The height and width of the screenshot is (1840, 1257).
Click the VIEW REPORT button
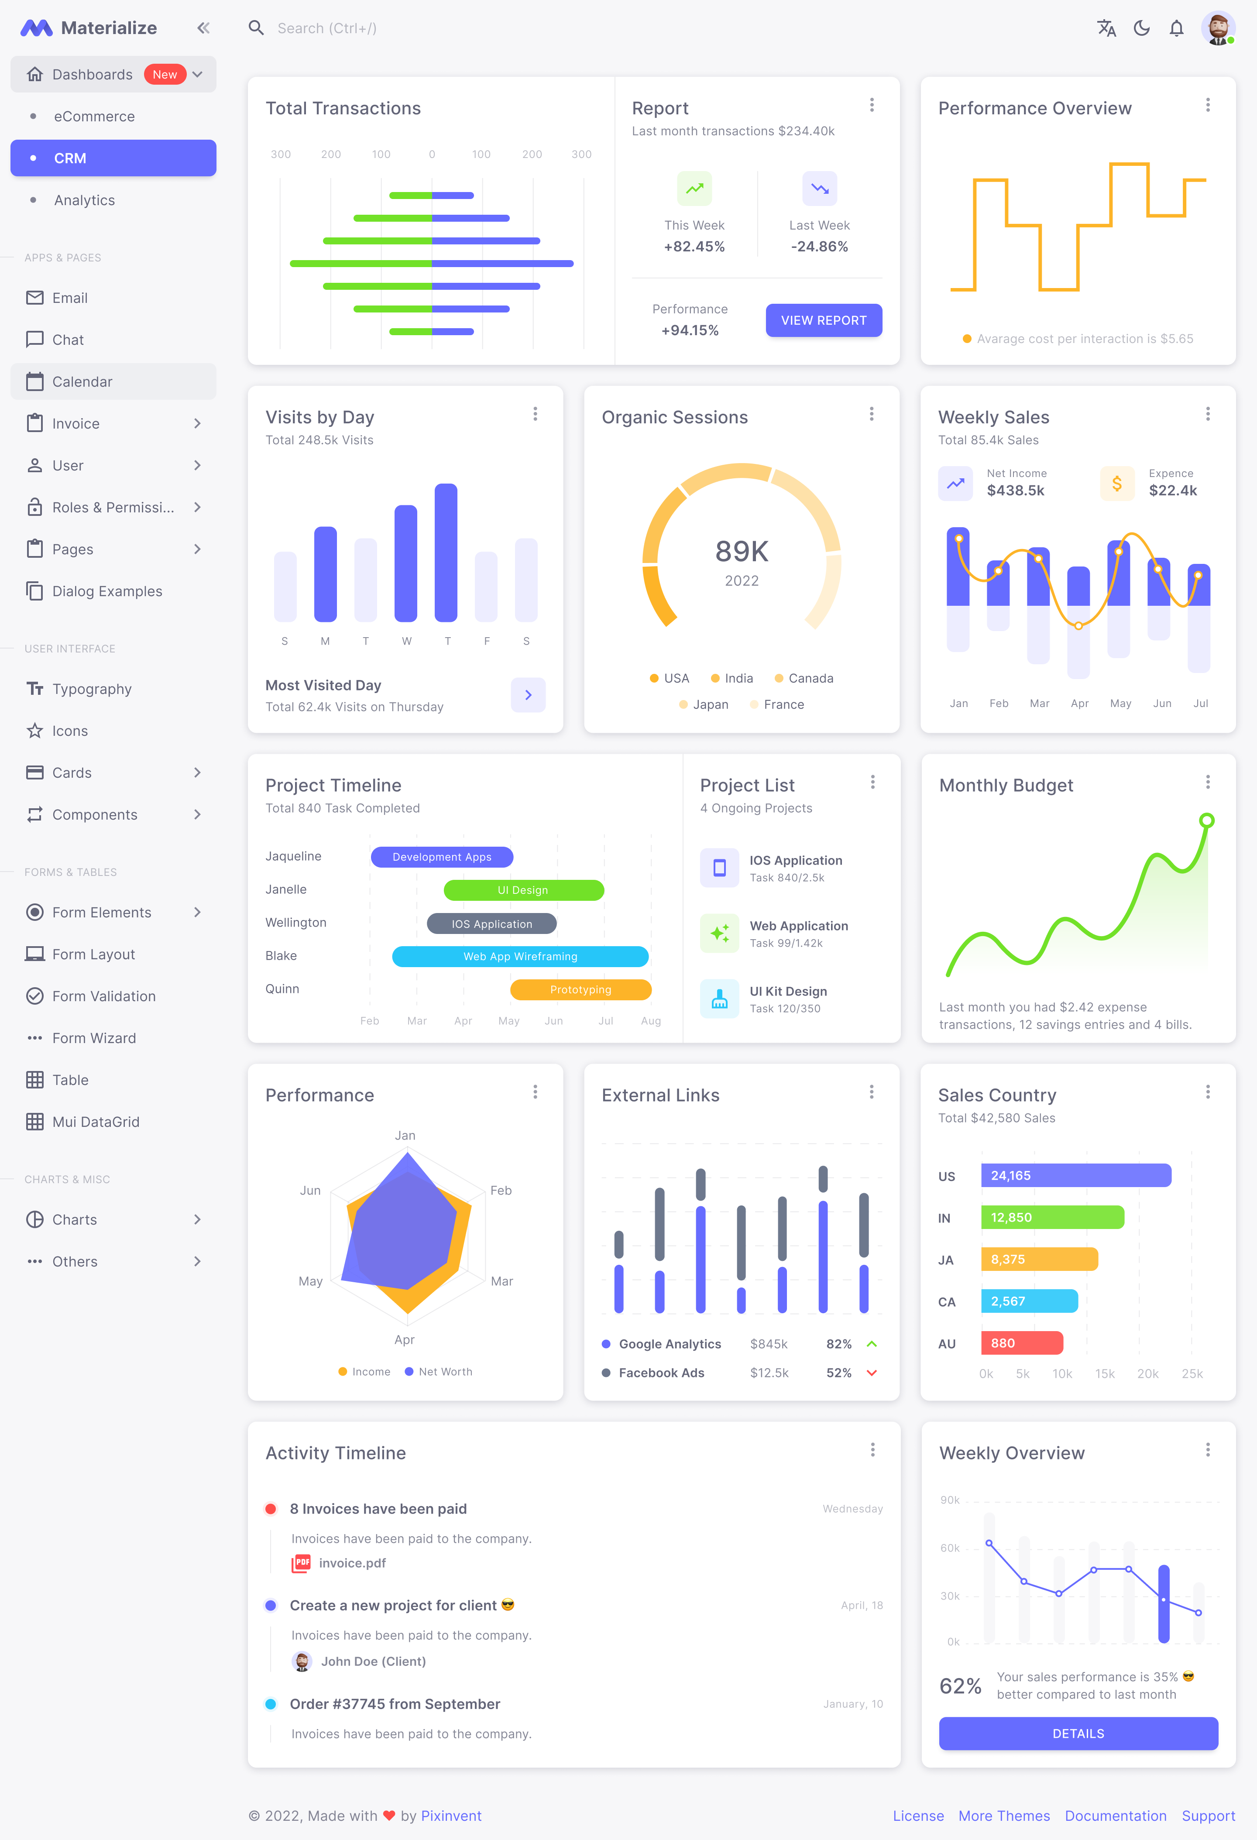click(x=823, y=320)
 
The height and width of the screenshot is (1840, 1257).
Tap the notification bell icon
click(x=1176, y=28)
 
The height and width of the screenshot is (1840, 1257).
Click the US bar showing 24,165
click(x=1075, y=1175)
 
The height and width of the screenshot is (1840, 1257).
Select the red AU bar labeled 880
click(x=1021, y=1343)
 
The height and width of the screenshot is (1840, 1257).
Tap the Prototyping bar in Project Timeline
click(x=580, y=990)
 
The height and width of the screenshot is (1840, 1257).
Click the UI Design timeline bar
click(x=523, y=890)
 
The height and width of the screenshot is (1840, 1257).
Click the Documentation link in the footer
click(x=1115, y=1816)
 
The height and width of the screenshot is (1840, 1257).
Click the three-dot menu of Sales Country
click(x=1207, y=1092)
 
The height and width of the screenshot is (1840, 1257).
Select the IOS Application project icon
click(x=719, y=868)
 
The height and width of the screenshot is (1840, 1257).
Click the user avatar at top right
click(x=1217, y=28)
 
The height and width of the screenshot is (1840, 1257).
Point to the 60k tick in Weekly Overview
click(x=950, y=1548)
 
